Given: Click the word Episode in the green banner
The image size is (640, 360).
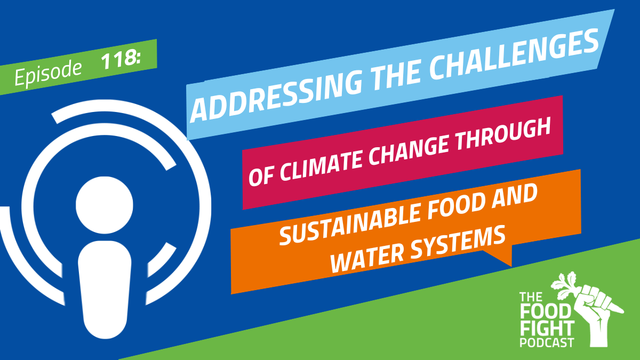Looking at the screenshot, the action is pos(47,73).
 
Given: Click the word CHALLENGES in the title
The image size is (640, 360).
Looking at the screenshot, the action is pos(514,56).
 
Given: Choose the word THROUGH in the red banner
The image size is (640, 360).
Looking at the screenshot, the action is pos(502,134).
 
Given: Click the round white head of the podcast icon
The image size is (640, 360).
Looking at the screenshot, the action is pos(105,205).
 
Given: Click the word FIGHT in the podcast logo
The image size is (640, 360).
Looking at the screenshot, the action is pos(547,329).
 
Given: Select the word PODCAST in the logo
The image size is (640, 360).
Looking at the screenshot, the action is pos(547,342).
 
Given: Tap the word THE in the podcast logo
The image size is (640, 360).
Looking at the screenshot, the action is pos(531,297).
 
